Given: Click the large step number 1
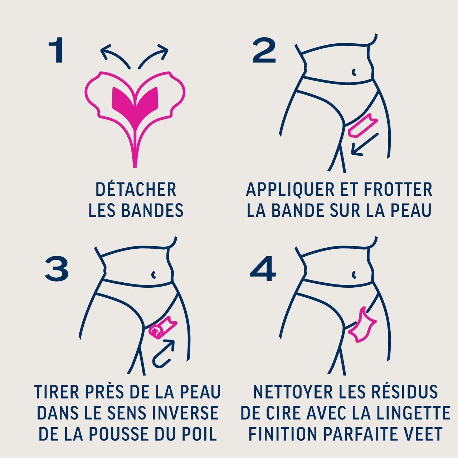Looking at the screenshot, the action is tap(56, 50).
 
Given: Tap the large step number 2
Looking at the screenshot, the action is tap(264, 50).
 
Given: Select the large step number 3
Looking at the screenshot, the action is tap(57, 268).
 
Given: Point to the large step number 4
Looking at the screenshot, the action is tap(263, 269).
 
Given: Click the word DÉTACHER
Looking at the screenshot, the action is tap(136, 189).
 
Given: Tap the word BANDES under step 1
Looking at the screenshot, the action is tap(152, 210).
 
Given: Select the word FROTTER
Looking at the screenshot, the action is tap(398, 189).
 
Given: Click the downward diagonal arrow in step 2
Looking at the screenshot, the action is tap(365, 145).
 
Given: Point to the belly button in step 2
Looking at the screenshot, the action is tap(354, 72).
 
